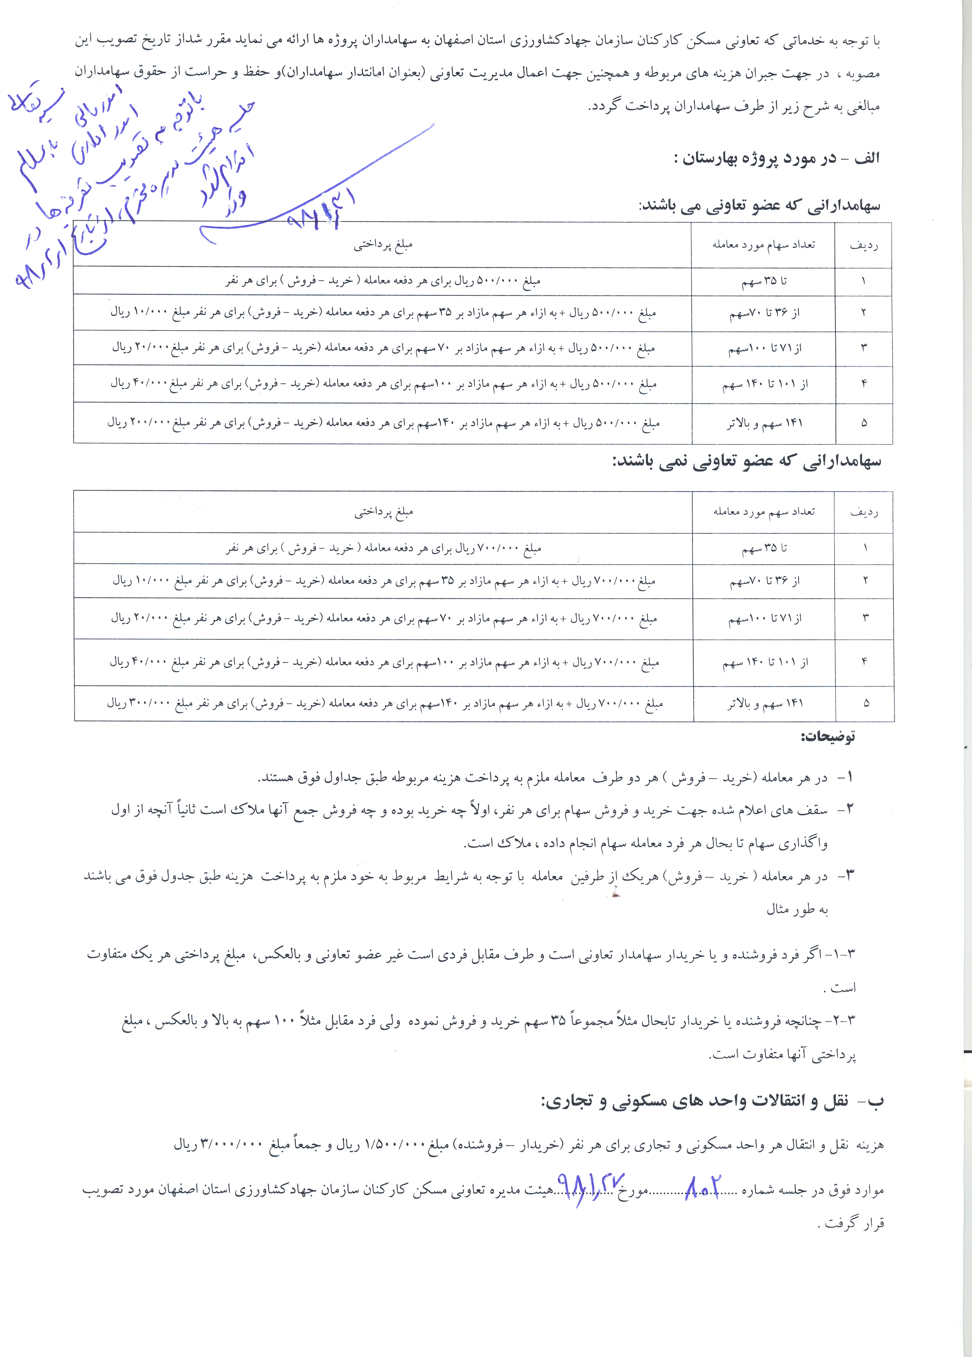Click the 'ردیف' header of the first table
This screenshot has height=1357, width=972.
point(864,245)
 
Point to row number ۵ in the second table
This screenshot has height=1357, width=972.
point(866,704)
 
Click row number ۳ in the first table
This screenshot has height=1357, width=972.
point(864,347)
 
